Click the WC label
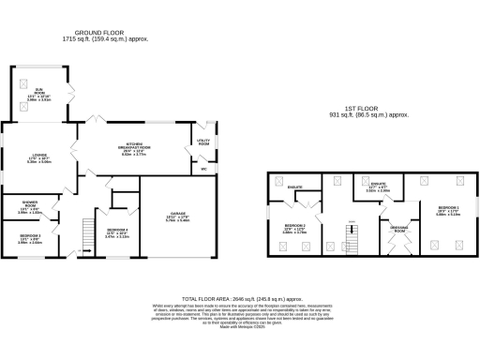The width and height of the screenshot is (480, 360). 203,170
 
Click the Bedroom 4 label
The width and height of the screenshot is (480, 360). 117,232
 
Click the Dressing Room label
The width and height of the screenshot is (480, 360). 398,230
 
